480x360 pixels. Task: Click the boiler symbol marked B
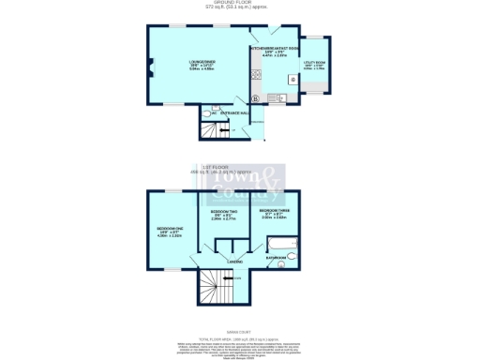(254, 97)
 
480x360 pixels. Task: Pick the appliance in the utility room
(293, 80)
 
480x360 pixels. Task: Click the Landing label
(235, 262)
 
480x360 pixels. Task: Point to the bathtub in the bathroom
(281, 245)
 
